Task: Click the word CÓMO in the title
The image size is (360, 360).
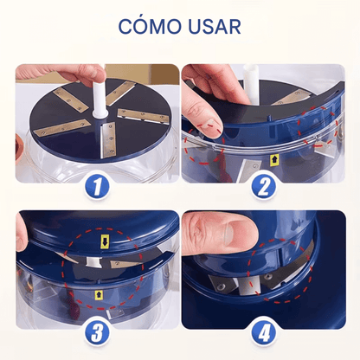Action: pyautogui.click(x=149, y=26)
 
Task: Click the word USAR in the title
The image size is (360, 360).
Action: pyautogui.click(x=215, y=27)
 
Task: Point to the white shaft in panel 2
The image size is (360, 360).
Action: pyautogui.click(x=252, y=84)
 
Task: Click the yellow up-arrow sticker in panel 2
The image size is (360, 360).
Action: pyautogui.click(x=273, y=161)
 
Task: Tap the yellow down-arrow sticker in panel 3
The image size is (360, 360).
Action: pyautogui.click(x=105, y=241)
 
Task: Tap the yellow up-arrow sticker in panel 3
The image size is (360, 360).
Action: pyautogui.click(x=99, y=295)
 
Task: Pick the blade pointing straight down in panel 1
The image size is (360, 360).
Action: pyautogui.click(x=107, y=140)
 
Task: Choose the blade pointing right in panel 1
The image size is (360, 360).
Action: pyautogui.click(x=143, y=116)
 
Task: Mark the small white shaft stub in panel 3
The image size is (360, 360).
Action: pyautogui.click(x=93, y=262)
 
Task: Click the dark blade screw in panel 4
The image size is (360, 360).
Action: pyautogui.click(x=268, y=277)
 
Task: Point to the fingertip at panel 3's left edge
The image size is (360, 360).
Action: pyautogui.click(x=22, y=234)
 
